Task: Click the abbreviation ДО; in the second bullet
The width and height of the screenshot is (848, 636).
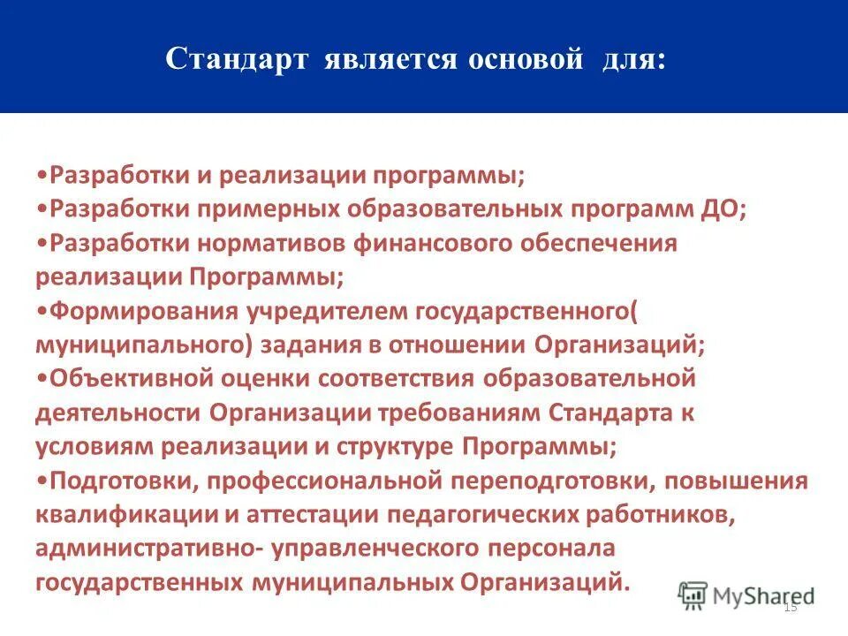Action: point(725,209)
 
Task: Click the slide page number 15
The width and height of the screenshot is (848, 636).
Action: point(790,607)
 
